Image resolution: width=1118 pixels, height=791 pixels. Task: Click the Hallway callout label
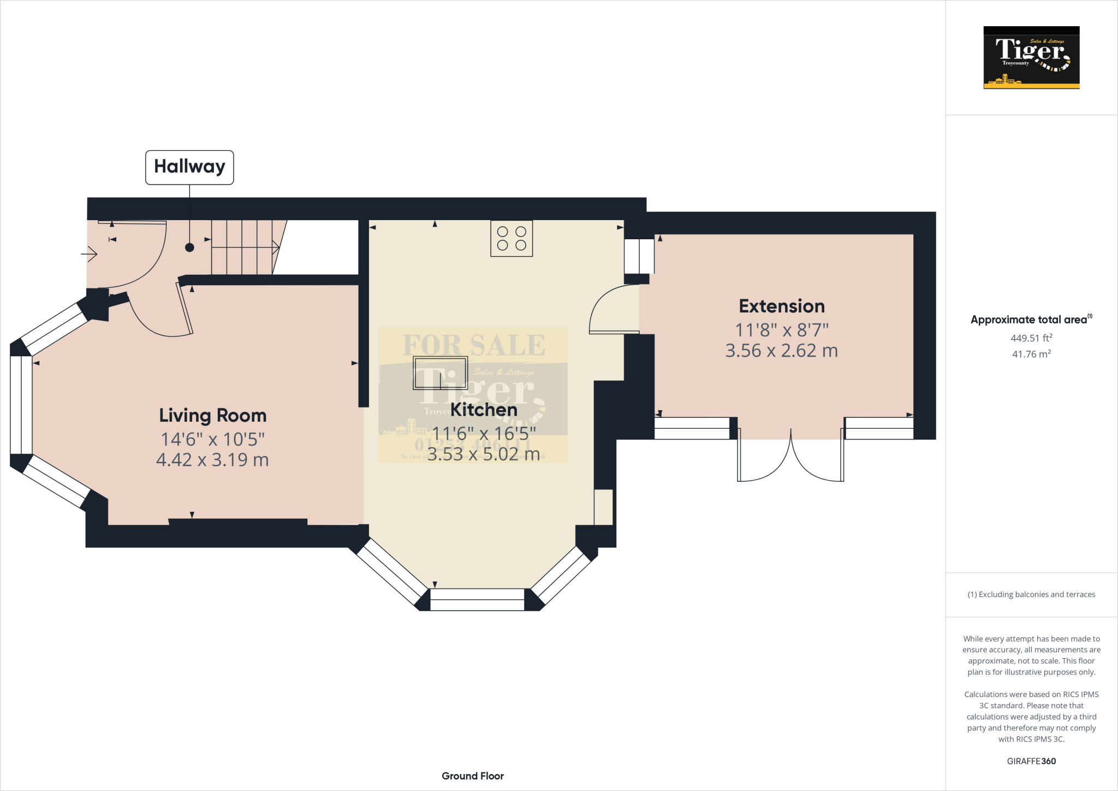(189, 167)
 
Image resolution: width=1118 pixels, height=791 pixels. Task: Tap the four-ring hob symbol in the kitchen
(512, 239)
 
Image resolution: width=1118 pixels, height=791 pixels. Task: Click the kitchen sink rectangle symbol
(440, 373)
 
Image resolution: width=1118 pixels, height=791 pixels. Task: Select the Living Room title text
(212, 416)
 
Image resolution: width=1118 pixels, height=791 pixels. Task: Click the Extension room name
(781, 306)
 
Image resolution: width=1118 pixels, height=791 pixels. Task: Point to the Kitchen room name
(484, 410)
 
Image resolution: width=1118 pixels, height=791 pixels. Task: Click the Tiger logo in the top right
(1031, 57)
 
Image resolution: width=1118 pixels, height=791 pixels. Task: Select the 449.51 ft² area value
(1031, 338)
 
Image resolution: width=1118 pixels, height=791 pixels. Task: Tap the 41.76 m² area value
(1031, 354)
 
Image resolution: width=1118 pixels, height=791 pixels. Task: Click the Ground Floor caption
(473, 776)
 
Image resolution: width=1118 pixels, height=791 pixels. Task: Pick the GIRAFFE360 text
(1031, 761)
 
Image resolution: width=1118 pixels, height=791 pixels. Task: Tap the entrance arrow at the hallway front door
(90, 254)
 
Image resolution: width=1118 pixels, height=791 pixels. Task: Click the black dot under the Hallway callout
(189, 247)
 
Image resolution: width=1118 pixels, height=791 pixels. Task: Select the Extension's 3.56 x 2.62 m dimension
(781, 351)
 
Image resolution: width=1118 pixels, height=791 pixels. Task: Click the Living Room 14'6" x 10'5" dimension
(212, 439)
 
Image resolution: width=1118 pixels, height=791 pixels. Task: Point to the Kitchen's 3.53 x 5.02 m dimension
(484, 454)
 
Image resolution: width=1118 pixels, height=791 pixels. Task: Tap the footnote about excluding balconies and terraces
(1031, 594)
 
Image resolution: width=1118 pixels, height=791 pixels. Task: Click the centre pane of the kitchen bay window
(477, 599)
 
